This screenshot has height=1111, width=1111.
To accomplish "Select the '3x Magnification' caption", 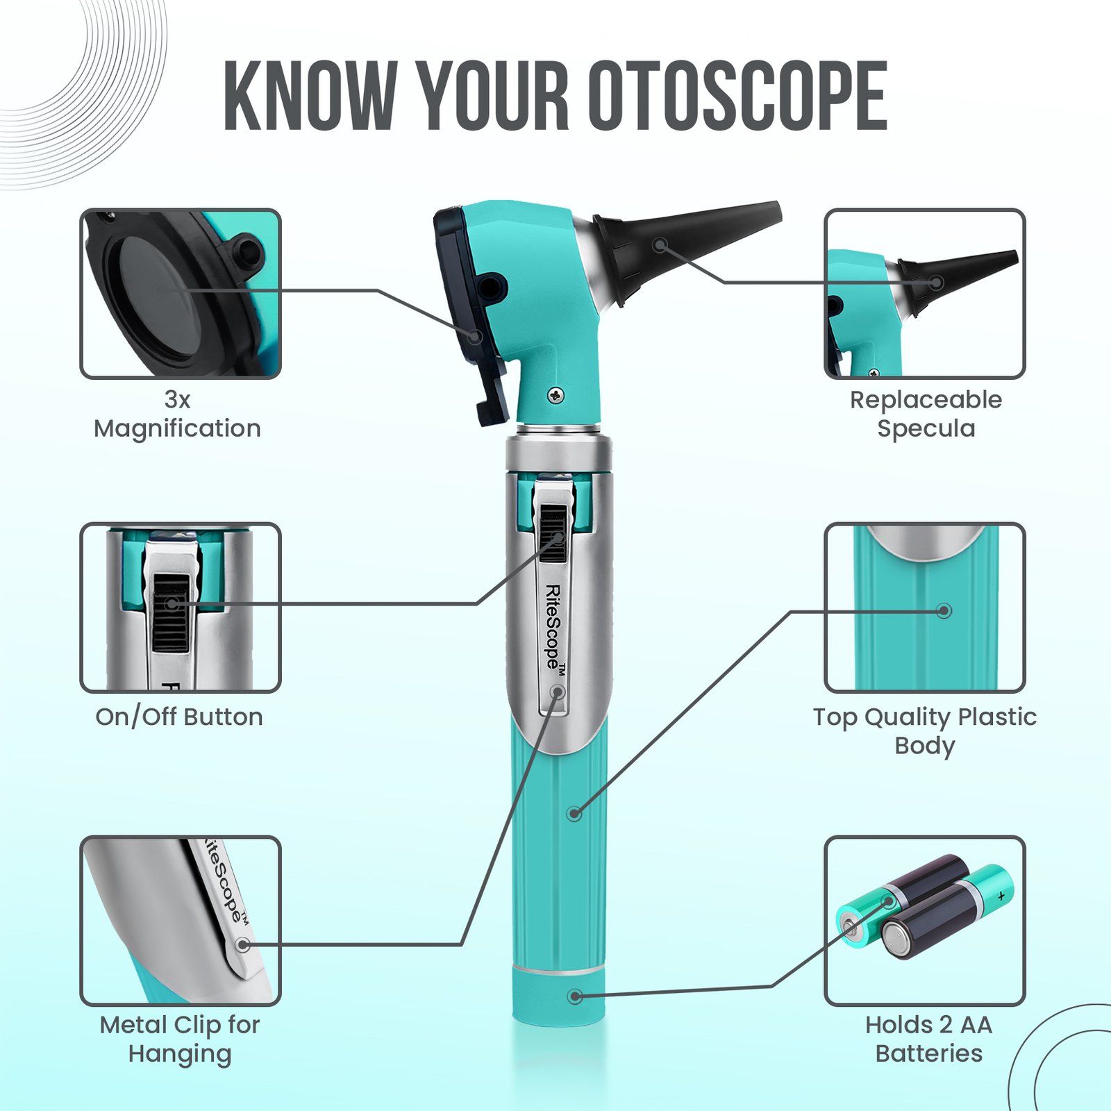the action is click(178, 415).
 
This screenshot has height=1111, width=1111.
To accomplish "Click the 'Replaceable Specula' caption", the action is click(926, 415).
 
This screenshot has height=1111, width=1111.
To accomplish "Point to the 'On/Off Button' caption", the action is click(179, 717).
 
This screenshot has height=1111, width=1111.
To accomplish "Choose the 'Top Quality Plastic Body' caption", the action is click(925, 730).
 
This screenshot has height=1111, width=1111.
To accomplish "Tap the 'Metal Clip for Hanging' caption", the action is click(180, 1039).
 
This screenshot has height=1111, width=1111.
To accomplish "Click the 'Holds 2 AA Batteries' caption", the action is click(929, 1039).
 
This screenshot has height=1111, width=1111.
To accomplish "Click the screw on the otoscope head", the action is click(556, 395).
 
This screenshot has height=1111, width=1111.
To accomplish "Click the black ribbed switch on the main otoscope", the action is click(553, 533).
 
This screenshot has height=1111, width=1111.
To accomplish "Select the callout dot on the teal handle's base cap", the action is click(574, 996).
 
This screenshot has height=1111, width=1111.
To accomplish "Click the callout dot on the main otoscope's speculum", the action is click(660, 244).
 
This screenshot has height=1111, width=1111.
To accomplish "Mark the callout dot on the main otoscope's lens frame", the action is click(475, 337).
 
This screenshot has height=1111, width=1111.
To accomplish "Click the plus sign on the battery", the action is click(1001, 896).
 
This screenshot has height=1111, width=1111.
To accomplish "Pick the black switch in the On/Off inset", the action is click(171, 613).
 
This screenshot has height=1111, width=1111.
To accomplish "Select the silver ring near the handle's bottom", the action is click(559, 969).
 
